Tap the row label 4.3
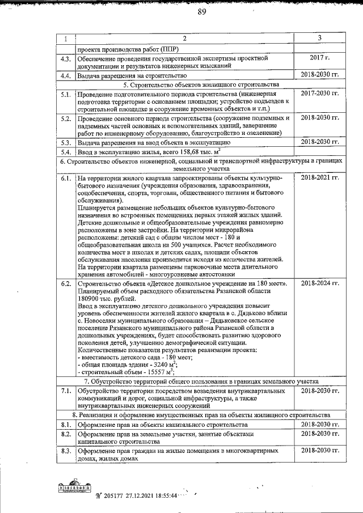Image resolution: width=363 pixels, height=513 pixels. (x=65, y=58)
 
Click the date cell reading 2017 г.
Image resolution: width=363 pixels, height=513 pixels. (x=319, y=58)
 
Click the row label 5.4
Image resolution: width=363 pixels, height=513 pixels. (x=65, y=151)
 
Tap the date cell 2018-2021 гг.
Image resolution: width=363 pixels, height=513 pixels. (x=319, y=178)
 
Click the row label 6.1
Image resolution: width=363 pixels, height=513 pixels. (x=65, y=178)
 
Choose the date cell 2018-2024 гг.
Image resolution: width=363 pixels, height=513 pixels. (x=319, y=283)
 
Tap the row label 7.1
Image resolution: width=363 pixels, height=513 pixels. (x=65, y=391)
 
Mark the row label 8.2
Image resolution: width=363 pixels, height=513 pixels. (x=65, y=434)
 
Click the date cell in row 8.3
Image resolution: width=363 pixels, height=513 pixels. (x=319, y=451)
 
